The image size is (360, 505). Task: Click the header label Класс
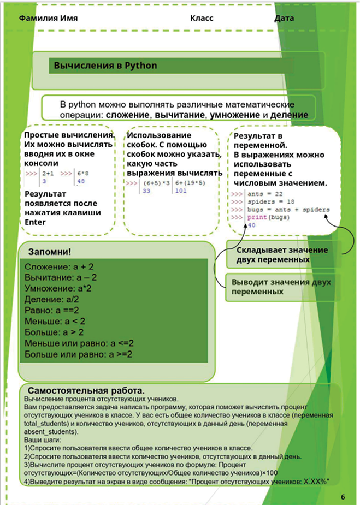[201, 18]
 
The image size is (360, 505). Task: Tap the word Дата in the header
[284, 18]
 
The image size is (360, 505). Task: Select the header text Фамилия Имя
[48, 18]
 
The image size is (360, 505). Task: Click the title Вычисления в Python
[105, 66]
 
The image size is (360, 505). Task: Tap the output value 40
[251, 225]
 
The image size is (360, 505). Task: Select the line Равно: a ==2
[55, 310]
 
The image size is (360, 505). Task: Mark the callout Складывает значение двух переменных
[282, 254]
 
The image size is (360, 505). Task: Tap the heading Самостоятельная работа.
[86, 391]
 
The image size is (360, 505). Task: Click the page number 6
[343, 496]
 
